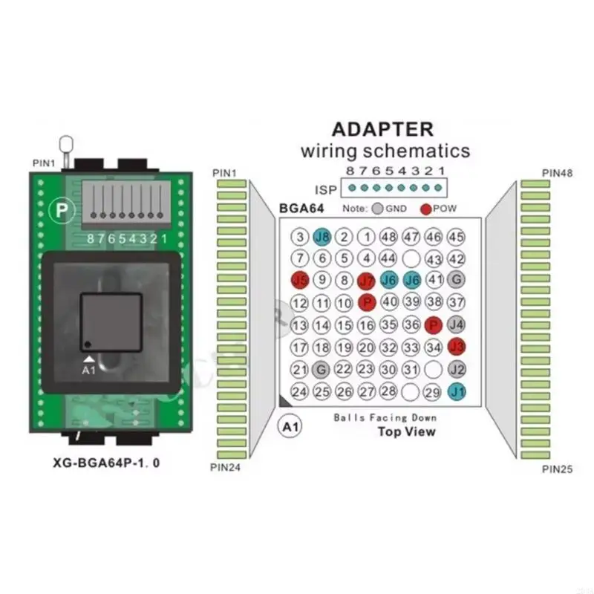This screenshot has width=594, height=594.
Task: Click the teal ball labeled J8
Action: (322, 237)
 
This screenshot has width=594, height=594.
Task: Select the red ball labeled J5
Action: (299, 281)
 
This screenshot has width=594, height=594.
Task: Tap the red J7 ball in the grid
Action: (366, 281)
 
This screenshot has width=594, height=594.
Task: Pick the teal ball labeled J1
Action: (457, 391)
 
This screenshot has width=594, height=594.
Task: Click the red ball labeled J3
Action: (457, 347)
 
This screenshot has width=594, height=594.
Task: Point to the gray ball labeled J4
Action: (457, 324)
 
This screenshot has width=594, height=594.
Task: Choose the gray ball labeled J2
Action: (457, 369)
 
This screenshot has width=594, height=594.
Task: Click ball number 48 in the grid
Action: (388, 237)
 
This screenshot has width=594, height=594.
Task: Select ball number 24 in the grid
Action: (299, 391)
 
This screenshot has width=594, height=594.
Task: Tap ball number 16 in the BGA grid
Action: (366, 324)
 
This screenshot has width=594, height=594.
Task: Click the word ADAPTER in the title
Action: (382, 128)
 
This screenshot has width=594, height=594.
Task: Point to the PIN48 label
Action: (556, 173)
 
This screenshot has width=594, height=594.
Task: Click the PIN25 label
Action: (556, 469)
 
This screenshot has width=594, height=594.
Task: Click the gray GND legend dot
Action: (378, 209)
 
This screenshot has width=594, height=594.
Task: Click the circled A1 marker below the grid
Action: (288, 428)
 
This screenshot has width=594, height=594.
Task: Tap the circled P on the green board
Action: (59, 211)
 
